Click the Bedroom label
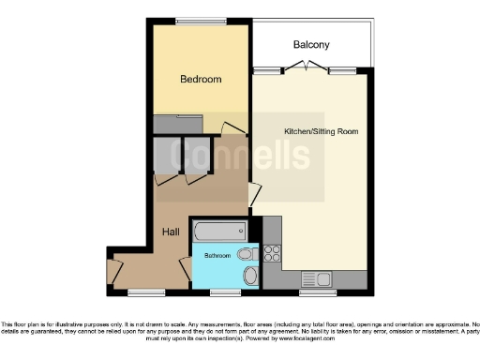pos(201,80)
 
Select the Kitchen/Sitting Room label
pos(321,130)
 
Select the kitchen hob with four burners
pos(273,251)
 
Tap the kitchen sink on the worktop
pos(313,278)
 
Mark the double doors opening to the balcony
pos(308,67)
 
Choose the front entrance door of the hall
pos(114,271)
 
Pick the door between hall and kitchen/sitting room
pos(254,194)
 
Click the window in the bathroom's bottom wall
pos(224,292)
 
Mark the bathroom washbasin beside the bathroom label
pos(245,254)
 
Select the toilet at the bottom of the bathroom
pos(248,276)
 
